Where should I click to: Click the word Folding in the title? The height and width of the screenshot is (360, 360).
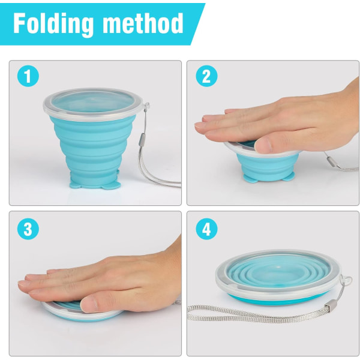click(53, 24)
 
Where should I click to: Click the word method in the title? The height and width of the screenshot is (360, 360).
click(143, 23)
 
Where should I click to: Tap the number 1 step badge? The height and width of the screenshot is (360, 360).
click(28, 76)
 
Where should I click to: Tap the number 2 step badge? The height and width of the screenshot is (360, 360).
click(206, 76)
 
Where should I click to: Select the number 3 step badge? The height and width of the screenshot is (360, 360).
click(28, 229)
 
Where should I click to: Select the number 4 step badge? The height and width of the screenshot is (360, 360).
click(206, 229)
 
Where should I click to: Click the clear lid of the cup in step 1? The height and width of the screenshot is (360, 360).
click(93, 104)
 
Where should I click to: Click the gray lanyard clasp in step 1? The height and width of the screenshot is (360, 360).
click(141, 140)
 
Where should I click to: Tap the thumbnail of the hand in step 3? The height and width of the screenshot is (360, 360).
click(89, 302)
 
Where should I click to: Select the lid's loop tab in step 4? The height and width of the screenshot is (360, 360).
click(347, 281)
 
